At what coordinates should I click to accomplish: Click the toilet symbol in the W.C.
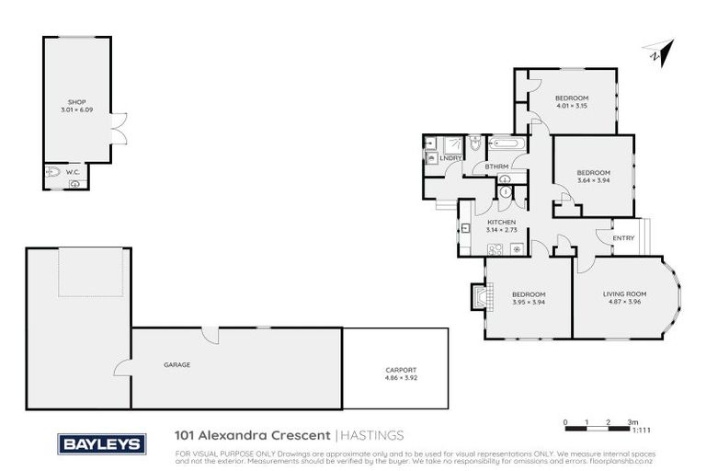point(54,171)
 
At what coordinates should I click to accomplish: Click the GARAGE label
point(177,365)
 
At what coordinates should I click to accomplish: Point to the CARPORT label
point(401,371)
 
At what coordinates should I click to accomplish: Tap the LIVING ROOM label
point(625,293)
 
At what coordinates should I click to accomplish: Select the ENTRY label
point(622,238)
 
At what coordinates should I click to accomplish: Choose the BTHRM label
point(497,167)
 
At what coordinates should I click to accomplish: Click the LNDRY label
point(450,158)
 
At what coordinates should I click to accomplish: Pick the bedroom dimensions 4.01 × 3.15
point(571,106)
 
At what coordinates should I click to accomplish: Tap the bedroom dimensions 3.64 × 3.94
point(593,180)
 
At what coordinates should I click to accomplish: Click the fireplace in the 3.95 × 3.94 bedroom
point(477,298)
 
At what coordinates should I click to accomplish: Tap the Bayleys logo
point(101,443)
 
